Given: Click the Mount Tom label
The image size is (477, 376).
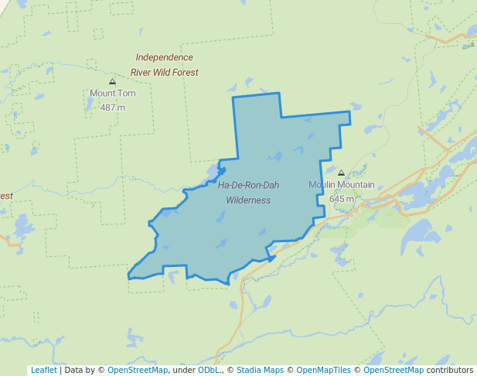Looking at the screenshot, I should pos(113,94).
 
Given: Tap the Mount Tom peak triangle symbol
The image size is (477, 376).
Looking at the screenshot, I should pos(113,80).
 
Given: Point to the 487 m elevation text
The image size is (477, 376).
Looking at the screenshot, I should pos(113,107).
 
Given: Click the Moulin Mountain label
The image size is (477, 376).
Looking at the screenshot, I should pos(342,185).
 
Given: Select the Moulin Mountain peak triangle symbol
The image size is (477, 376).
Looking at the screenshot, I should pos(342,173).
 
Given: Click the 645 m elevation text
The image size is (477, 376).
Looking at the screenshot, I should pos(342,198).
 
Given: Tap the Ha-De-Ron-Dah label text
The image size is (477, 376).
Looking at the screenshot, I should pos(248,186).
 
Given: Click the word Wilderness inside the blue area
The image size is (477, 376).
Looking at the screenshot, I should pos(248,200).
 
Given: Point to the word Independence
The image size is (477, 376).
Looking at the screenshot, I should pos(165,57).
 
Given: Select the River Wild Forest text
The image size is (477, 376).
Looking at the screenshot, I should pos(165,72).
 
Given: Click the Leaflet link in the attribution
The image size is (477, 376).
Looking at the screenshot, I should pos(43,370).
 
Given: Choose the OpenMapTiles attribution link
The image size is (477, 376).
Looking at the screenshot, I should pos(323,370).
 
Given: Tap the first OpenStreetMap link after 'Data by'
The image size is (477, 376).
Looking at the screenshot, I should pos(137,370).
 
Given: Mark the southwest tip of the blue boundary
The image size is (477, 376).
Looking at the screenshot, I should pos(128,275).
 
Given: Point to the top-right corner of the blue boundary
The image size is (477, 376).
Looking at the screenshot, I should pos(349,112).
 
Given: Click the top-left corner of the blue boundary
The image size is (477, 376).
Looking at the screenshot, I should pos(233,97).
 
